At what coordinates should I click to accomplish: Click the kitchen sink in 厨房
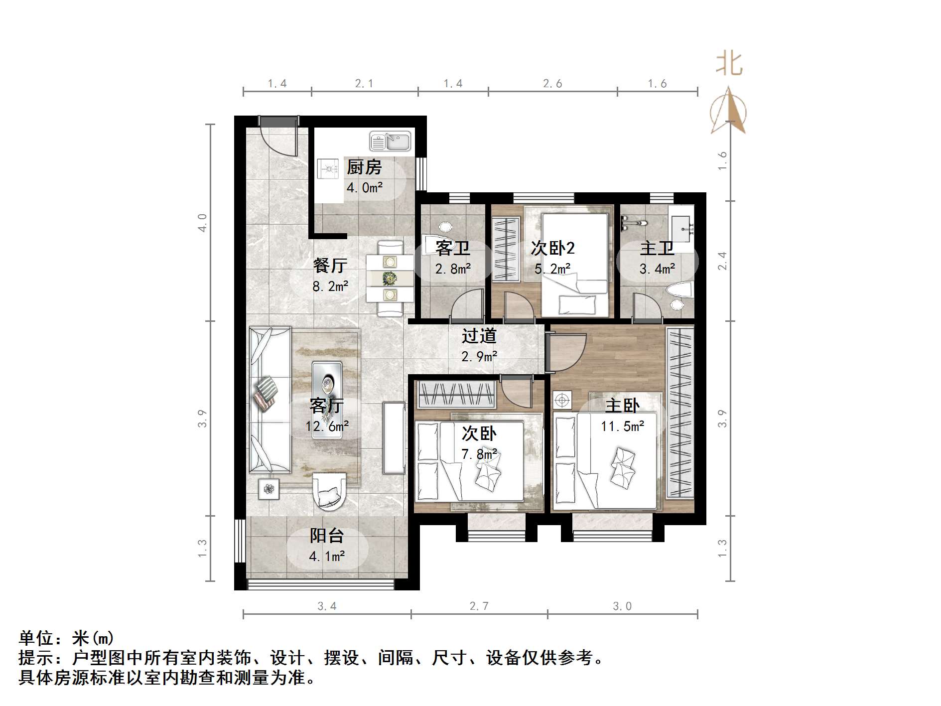click(390, 141)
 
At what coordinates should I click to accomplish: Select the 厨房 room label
click(364, 167)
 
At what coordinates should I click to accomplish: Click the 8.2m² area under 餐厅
click(330, 286)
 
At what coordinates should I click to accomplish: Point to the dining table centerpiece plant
click(390, 278)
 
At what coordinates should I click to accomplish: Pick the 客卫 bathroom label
click(452, 248)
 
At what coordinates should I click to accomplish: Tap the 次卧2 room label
click(552, 248)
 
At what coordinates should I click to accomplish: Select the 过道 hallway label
click(479, 336)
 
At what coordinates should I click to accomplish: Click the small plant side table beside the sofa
click(269, 489)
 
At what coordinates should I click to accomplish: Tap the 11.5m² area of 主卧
click(622, 426)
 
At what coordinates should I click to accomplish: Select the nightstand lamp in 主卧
click(562, 401)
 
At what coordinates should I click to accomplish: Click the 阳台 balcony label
click(327, 536)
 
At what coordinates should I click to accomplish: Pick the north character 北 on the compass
click(729, 65)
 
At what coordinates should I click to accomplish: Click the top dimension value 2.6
click(552, 84)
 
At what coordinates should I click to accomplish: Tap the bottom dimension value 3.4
click(327, 606)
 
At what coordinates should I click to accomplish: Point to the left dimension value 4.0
click(202, 222)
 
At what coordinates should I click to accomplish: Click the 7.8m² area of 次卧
click(479, 454)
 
